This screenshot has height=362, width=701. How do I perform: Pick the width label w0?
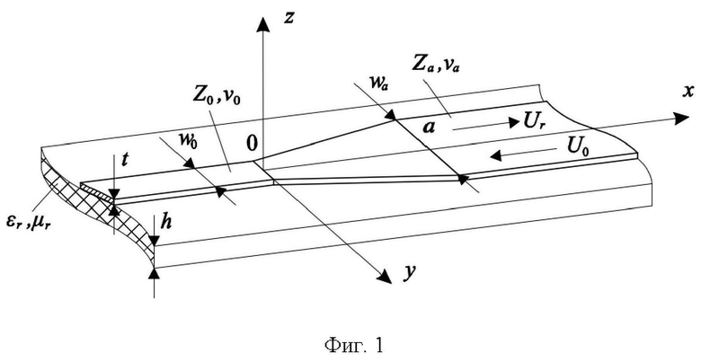(189, 141)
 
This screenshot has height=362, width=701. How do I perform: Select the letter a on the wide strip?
(430, 128)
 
